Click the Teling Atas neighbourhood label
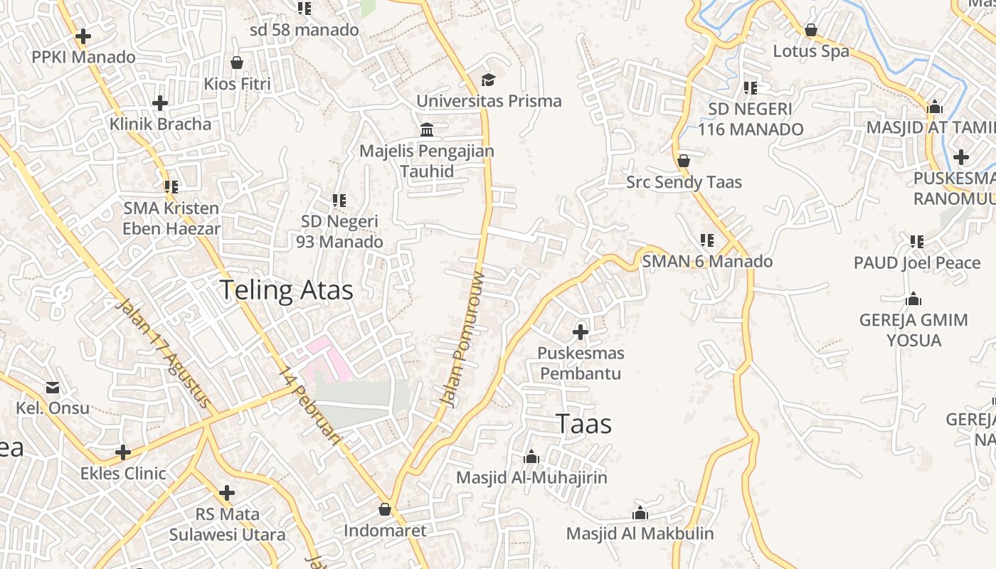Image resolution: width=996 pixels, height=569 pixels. (x=286, y=291)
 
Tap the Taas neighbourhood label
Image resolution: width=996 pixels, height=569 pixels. (x=583, y=424)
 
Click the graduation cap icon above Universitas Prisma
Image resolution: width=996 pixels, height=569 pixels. (x=488, y=80)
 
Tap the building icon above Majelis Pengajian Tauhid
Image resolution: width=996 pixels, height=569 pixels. (x=427, y=129)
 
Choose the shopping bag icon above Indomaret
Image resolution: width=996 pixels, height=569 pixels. (x=385, y=509)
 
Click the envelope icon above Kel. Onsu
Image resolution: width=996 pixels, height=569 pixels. (x=53, y=388)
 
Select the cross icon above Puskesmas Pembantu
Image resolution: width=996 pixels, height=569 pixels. (x=581, y=331)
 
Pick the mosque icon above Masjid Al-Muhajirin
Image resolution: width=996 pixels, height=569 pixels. (x=531, y=457)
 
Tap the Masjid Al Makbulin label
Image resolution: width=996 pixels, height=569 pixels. (x=640, y=533)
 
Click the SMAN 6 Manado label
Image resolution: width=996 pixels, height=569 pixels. (x=707, y=261)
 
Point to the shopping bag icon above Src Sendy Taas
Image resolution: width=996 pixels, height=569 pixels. (x=684, y=161)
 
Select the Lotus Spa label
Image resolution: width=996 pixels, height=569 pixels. (x=811, y=51)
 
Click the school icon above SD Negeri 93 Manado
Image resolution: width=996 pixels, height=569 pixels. (x=339, y=201)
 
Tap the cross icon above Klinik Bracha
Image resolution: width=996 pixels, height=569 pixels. (x=160, y=103)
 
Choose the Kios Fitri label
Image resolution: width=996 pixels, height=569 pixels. (x=237, y=84)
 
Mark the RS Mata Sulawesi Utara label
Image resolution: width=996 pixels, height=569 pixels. (x=227, y=524)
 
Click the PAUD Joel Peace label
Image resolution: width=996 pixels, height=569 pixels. (x=917, y=263)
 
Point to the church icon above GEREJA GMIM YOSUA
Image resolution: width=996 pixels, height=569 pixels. (x=913, y=299)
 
